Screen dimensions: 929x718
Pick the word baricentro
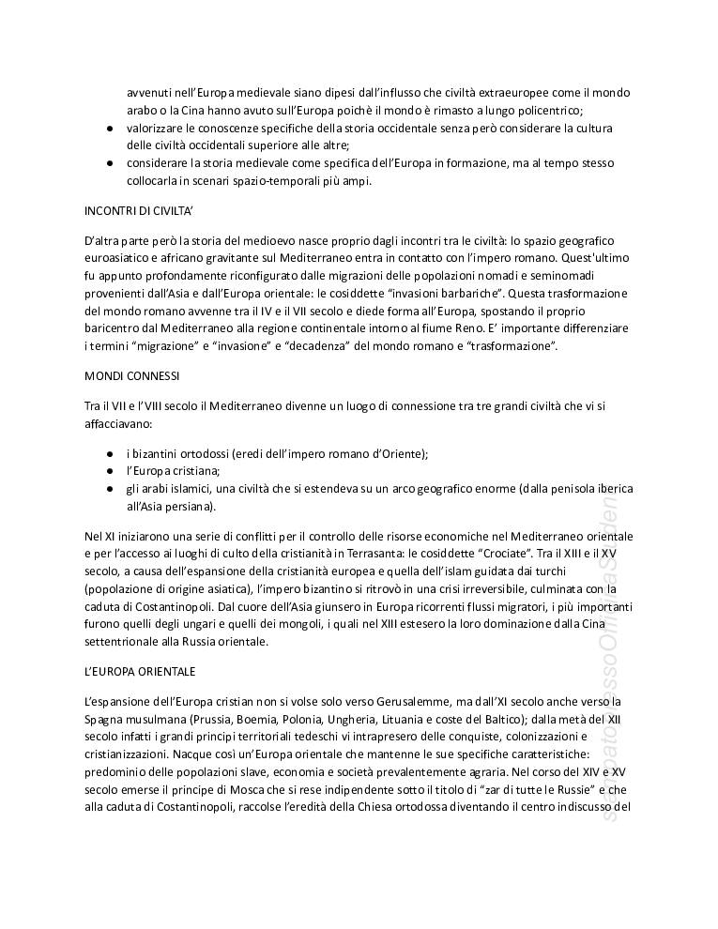click(113, 328)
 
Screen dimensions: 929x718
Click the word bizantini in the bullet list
click(157, 453)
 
